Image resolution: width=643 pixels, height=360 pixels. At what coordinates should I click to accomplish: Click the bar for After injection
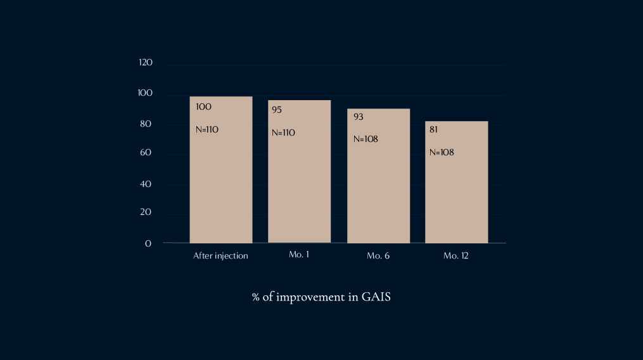coord(221,184)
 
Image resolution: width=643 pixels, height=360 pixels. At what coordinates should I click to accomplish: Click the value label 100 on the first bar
coord(203,106)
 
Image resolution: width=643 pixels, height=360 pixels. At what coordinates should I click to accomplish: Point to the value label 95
coord(277,110)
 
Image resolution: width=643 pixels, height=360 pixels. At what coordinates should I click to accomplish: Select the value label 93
coord(359,117)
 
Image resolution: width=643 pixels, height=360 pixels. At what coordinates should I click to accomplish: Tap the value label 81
coord(434,129)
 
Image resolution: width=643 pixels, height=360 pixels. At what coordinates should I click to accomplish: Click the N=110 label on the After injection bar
coord(207,129)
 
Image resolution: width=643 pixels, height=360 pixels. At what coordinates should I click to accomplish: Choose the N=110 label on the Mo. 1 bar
coord(283,132)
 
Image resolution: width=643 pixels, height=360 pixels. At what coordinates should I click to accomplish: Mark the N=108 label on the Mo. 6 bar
coord(366,139)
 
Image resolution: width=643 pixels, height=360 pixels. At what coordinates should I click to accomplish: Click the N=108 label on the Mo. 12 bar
coord(442,152)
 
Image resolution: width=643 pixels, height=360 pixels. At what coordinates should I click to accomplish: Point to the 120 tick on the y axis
coord(146,63)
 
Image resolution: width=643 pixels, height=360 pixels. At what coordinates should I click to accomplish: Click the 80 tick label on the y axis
coord(146,124)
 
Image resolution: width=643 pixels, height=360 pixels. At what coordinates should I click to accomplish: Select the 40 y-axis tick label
coord(146,184)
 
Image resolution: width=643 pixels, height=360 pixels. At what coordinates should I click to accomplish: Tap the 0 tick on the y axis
coord(148,243)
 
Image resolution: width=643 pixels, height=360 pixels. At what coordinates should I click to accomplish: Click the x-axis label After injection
coord(220,256)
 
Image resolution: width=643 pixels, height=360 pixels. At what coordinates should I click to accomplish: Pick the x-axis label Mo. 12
coord(456,256)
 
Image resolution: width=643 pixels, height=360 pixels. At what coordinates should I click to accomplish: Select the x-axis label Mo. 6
coord(378,256)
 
